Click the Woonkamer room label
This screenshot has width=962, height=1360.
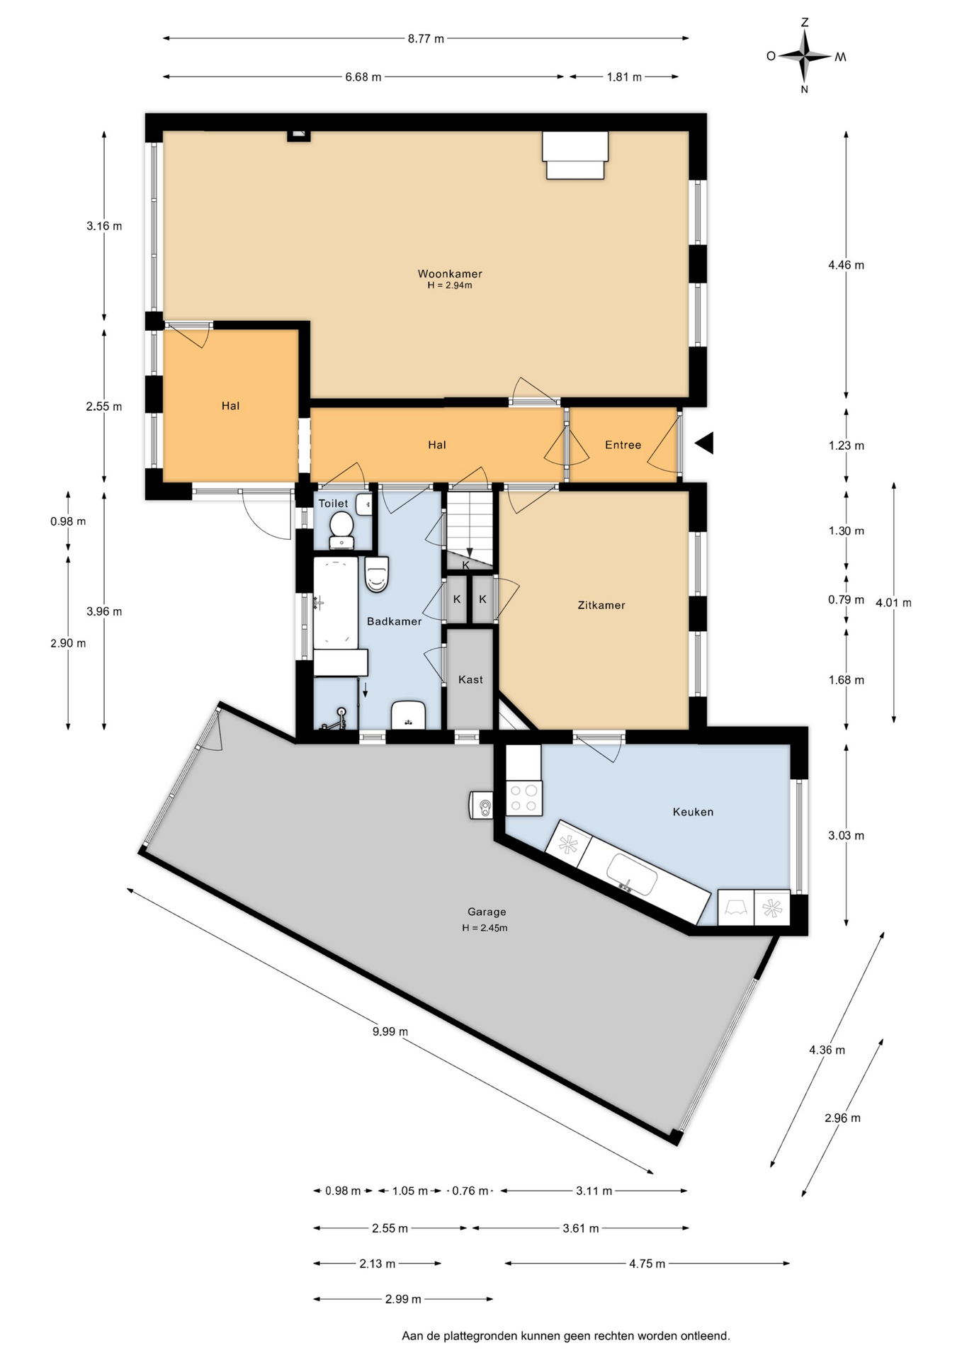(x=450, y=273)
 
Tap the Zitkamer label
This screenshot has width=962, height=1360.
(x=601, y=605)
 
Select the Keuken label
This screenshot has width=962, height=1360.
(x=693, y=812)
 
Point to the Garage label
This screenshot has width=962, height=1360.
(x=487, y=912)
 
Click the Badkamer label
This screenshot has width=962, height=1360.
(x=395, y=621)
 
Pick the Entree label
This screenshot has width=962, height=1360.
(x=623, y=445)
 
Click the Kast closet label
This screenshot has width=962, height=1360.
(x=470, y=679)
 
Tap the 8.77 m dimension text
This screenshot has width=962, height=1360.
(x=426, y=39)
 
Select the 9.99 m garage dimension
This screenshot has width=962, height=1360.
(x=390, y=1031)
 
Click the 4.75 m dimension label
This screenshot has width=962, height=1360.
(x=647, y=1263)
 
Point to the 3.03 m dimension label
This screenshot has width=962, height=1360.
(x=846, y=835)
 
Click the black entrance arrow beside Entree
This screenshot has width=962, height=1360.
(x=704, y=443)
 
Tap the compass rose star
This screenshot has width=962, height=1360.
(x=805, y=56)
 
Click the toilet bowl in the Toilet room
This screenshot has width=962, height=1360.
(x=341, y=528)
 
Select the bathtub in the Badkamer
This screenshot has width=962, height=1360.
(x=336, y=603)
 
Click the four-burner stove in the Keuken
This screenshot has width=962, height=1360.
(x=524, y=798)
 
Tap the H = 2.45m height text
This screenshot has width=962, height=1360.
(x=485, y=928)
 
